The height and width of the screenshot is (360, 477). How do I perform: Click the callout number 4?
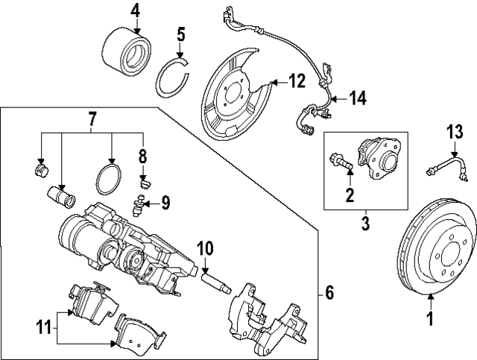[135, 10]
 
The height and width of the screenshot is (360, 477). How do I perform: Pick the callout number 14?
[358, 97]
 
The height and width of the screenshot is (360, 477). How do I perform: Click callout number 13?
[455, 133]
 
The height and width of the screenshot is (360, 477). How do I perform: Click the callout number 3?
[366, 222]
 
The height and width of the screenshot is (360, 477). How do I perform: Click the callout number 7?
[92, 118]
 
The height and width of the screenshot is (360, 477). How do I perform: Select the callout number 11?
[44, 325]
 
